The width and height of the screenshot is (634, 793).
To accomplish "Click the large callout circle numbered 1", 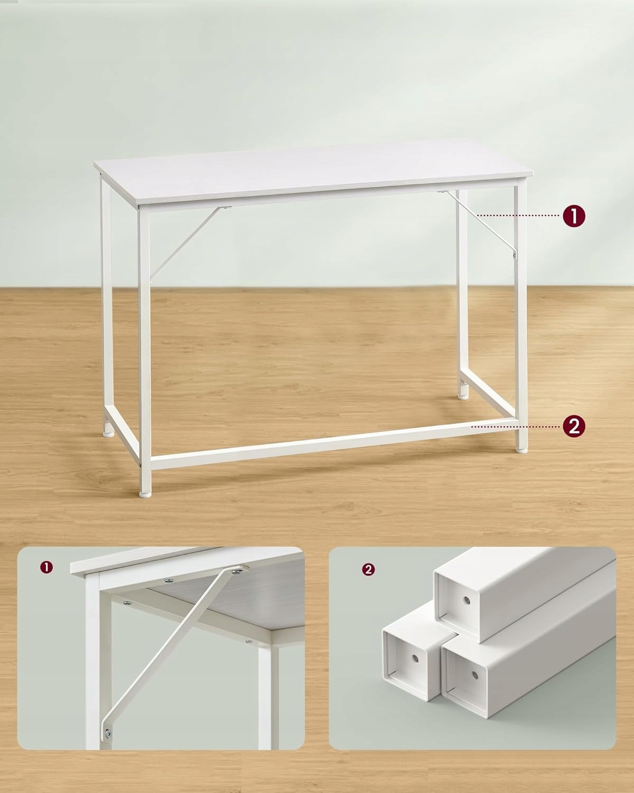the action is pyautogui.click(x=574, y=216).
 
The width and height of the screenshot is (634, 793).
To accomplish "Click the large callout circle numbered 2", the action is pyautogui.click(x=574, y=426).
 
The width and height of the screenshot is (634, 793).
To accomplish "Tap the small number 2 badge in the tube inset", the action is pyautogui.click(x=368, y=570).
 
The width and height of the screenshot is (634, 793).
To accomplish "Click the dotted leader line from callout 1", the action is pyautogui.click(x=518, y=215).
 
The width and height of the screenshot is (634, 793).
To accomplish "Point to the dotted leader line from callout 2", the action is pyautogui.click(x=516, y=427).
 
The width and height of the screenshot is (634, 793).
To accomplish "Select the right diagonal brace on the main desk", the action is pyautogui.click(x=477, y=222).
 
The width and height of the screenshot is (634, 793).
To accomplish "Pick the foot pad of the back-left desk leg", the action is pyautogui.click(x=108, y=434).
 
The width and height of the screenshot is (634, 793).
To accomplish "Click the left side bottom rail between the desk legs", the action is pyautogui.click(x=122, y=434).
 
